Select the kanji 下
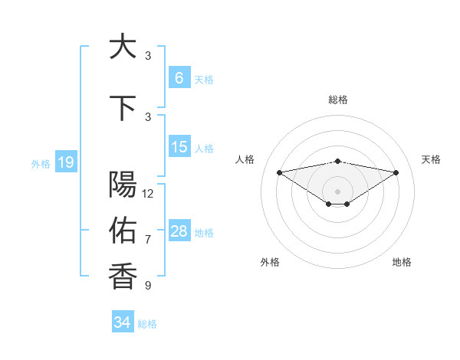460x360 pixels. (x=123, y=108)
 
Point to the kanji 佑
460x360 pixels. (x=123, y=229)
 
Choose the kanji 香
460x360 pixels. (x=123, y=276)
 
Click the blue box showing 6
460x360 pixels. (x=179, y=77)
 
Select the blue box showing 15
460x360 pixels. (x=179, y=147)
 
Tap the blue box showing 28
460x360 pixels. (x=179, y=231)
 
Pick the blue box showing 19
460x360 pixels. (x=65, y=162)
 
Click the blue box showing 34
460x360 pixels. (x=122, y=322)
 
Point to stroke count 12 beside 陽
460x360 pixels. (x=148, y=194)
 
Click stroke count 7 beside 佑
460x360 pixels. (x=148, y=240)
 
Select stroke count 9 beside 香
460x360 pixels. (x=148, y=286)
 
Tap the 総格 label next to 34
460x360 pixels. (x=147, y=324)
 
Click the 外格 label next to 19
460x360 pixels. (x=40, y=163)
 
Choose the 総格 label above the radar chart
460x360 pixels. (x=337, y=100)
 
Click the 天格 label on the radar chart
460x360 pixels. (x=431, y=159)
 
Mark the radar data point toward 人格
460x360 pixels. (x=279, y=172)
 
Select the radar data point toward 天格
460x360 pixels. (x=396, y=172)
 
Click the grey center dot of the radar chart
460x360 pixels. (x=337, y=190)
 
